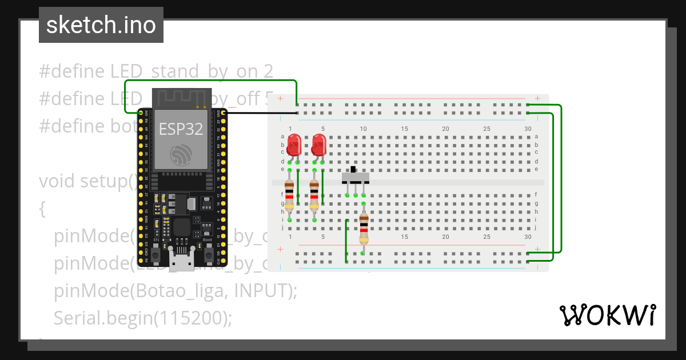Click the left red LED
tap(294, 145)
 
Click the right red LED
tap(319, 145)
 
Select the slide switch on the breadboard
tap(355, 177)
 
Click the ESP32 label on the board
tap(181, 129)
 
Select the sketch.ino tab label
tap(101, 25)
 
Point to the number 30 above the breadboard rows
tap(527, 129)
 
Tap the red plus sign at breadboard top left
tap(280, 98)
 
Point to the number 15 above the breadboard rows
tap(404, 129)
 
